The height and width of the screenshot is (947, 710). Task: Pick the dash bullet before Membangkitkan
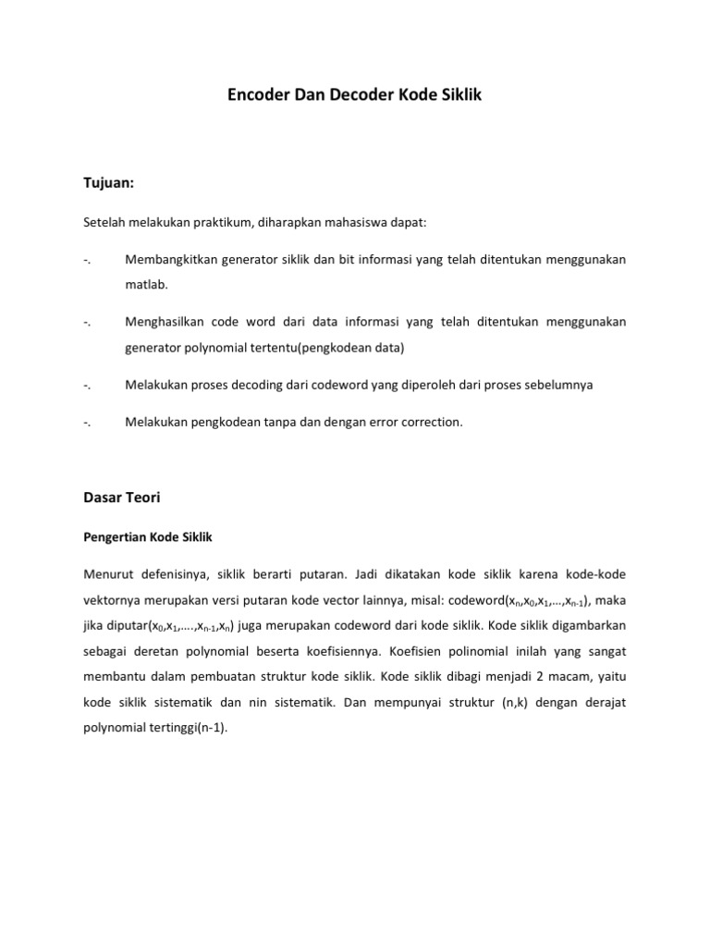click(86, 260)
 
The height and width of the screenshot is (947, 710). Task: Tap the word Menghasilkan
click(164, 322)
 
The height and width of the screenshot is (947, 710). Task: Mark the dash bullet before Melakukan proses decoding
click(86, 385)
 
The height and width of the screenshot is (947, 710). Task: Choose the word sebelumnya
click(556, 385)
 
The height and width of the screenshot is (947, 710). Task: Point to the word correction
click(428, 422)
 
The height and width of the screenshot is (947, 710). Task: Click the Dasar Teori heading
click(121, 498)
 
